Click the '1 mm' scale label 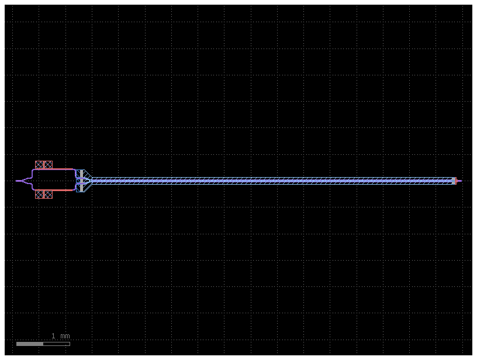click(60, 336)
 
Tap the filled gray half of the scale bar click(30, 344)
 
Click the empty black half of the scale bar click(56, 344)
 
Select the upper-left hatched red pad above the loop click(39, 165)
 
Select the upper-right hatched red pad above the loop click(48, 165)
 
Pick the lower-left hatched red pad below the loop click(39, 194)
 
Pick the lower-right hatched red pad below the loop click(48, 194)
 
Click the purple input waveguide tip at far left click(17, 181)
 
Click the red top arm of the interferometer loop click(56, 169)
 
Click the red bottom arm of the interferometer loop click(56, 190)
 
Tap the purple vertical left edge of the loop click(33, 180)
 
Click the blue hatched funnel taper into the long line click(87, 180)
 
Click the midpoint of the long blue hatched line click(272, 181)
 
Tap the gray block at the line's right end click(453, 181)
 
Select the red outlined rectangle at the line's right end click(455, 181)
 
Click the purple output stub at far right click(459, 181)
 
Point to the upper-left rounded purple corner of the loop click(34, 171)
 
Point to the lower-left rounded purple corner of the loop click(34, 189)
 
